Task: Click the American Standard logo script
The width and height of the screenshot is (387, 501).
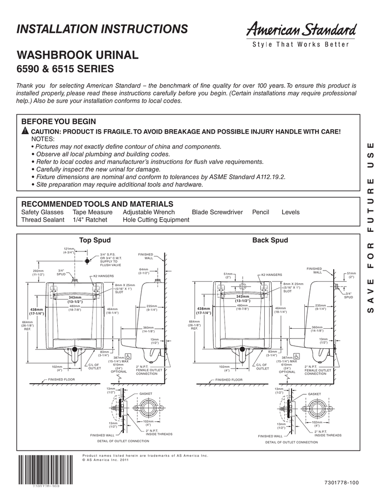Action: point(297,31)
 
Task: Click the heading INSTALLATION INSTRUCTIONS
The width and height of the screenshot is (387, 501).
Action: point(102,29)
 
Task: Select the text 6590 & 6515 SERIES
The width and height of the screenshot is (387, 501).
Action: point(65,68)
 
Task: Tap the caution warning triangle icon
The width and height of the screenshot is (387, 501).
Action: point(25,133)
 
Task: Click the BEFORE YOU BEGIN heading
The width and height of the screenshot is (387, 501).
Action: point(59,122)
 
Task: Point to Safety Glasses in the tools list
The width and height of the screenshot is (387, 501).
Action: point(43,212)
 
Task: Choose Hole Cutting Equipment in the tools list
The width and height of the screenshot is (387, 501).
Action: point(156,220)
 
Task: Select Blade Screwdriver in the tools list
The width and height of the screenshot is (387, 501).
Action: point(217,212)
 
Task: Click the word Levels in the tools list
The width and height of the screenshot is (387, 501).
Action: point(291,212)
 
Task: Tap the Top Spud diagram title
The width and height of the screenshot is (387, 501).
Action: point(95,240)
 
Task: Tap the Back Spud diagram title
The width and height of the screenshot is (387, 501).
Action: point(270,240)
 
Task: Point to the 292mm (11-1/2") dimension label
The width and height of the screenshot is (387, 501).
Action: point(39,273)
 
